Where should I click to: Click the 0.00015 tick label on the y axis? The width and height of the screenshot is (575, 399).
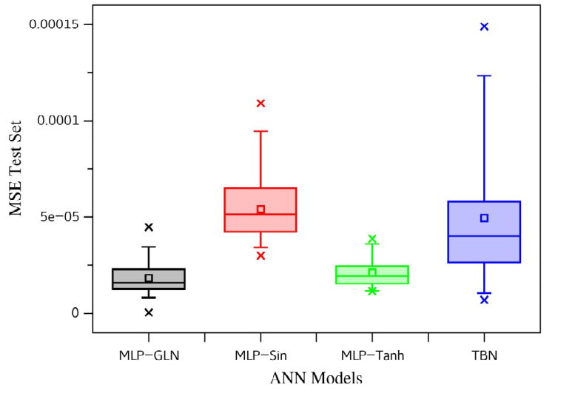(53, 24)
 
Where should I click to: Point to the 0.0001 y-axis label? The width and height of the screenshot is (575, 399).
(58, 120)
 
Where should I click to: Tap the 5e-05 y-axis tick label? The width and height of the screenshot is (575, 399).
(59, 217)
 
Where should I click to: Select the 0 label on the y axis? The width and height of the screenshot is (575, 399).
(75, 313)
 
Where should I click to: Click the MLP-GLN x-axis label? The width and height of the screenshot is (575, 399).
(149, 355)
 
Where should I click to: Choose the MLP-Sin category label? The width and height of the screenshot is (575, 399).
(260, 355)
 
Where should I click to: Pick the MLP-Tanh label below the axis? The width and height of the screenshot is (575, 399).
(372, 355)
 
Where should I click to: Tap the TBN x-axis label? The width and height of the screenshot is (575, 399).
(485, 355)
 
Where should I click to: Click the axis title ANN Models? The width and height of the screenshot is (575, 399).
(316, 378)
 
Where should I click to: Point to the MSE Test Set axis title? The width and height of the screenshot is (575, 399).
(16, 168)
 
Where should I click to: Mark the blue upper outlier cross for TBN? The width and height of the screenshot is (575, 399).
(485, 27)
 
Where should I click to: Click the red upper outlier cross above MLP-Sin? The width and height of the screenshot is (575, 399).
(260, 104)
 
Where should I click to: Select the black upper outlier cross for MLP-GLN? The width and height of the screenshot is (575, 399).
(149, 227)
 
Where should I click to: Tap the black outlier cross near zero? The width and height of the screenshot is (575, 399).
(149, 312)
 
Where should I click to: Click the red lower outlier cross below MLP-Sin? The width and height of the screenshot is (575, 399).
(260, 255)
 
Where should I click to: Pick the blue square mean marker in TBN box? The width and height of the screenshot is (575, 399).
(485, 218)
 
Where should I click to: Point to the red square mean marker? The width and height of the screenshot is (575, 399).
(260, 209)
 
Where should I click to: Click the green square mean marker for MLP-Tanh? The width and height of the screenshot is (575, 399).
(372, 272)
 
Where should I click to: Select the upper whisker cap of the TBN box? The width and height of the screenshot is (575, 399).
(485, 76)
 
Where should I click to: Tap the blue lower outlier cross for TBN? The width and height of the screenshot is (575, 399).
(485, 300)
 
